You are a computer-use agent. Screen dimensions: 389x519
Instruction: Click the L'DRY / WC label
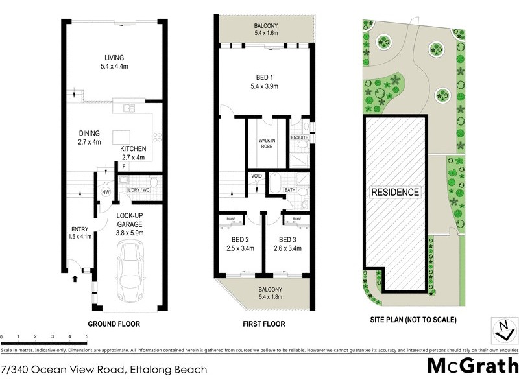(139, 189)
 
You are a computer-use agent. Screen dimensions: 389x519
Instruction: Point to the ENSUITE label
(299, 137)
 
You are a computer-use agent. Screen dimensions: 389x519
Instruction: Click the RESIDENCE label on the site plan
(394, 193)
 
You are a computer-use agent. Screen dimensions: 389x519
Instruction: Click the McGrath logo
(473, 365)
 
